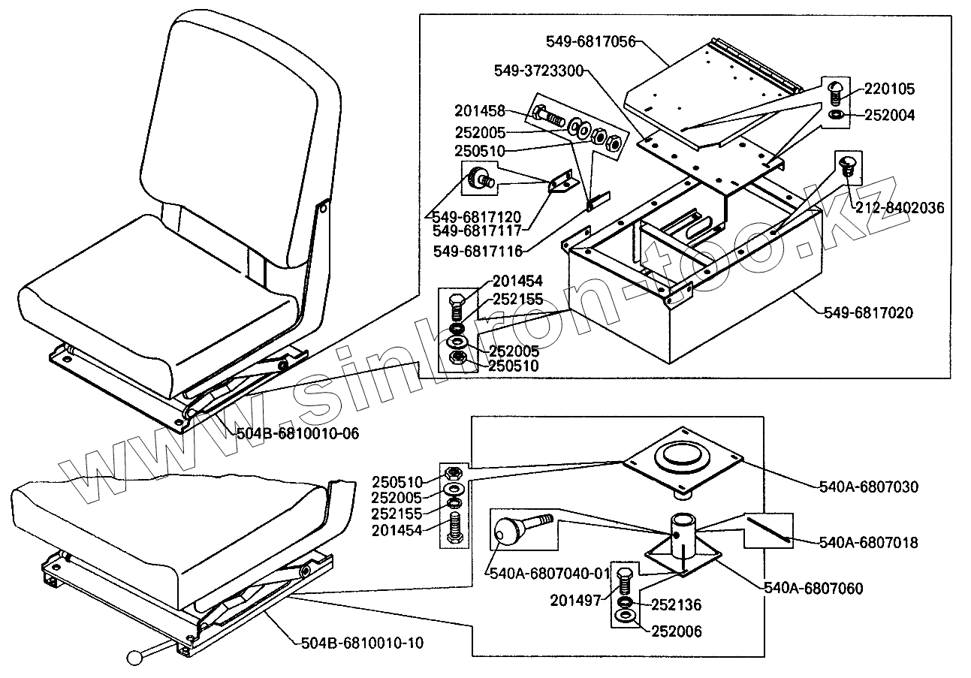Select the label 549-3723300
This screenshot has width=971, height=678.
[x=539, y=70]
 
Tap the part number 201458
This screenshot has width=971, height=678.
[x=480, y=111]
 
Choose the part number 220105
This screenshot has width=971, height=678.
[x=889, y=89]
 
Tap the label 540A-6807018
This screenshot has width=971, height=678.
[x=867, y=541]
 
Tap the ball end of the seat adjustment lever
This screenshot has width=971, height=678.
[x=136, y=658]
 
